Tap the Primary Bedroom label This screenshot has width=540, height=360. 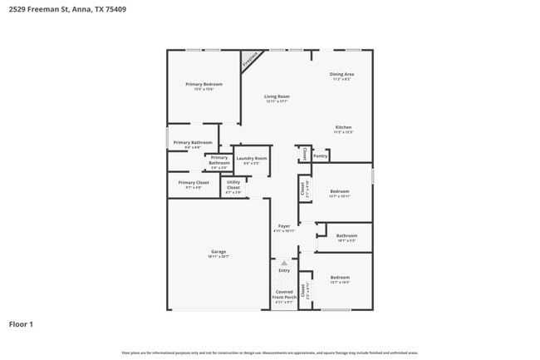(x=204, y=84)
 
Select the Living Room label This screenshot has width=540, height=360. (x=277, y=96)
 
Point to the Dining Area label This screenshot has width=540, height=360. (x=341, y=75)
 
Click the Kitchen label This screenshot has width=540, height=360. (x=344, y=127)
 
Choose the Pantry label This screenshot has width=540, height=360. (x=321, y=155)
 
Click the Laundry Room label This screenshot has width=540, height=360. (x=251, y=158)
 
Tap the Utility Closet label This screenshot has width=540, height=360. (x=233, y=185)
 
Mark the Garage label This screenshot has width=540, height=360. (x=218, y=251)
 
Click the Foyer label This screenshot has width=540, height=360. (x=284, y=225)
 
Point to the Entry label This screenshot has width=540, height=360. (x=284, y=270)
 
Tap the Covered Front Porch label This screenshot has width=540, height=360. (x=284, y=294)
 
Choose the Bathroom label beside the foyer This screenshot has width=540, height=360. (x=346, y=235)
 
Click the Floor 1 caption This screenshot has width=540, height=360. (x=21, y=323)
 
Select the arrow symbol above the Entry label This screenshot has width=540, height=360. (x=284, y=263)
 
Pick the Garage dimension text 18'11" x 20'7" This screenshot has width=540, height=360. (x=218, y=256)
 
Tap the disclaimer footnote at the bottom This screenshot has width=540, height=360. (x=269, y=353)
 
